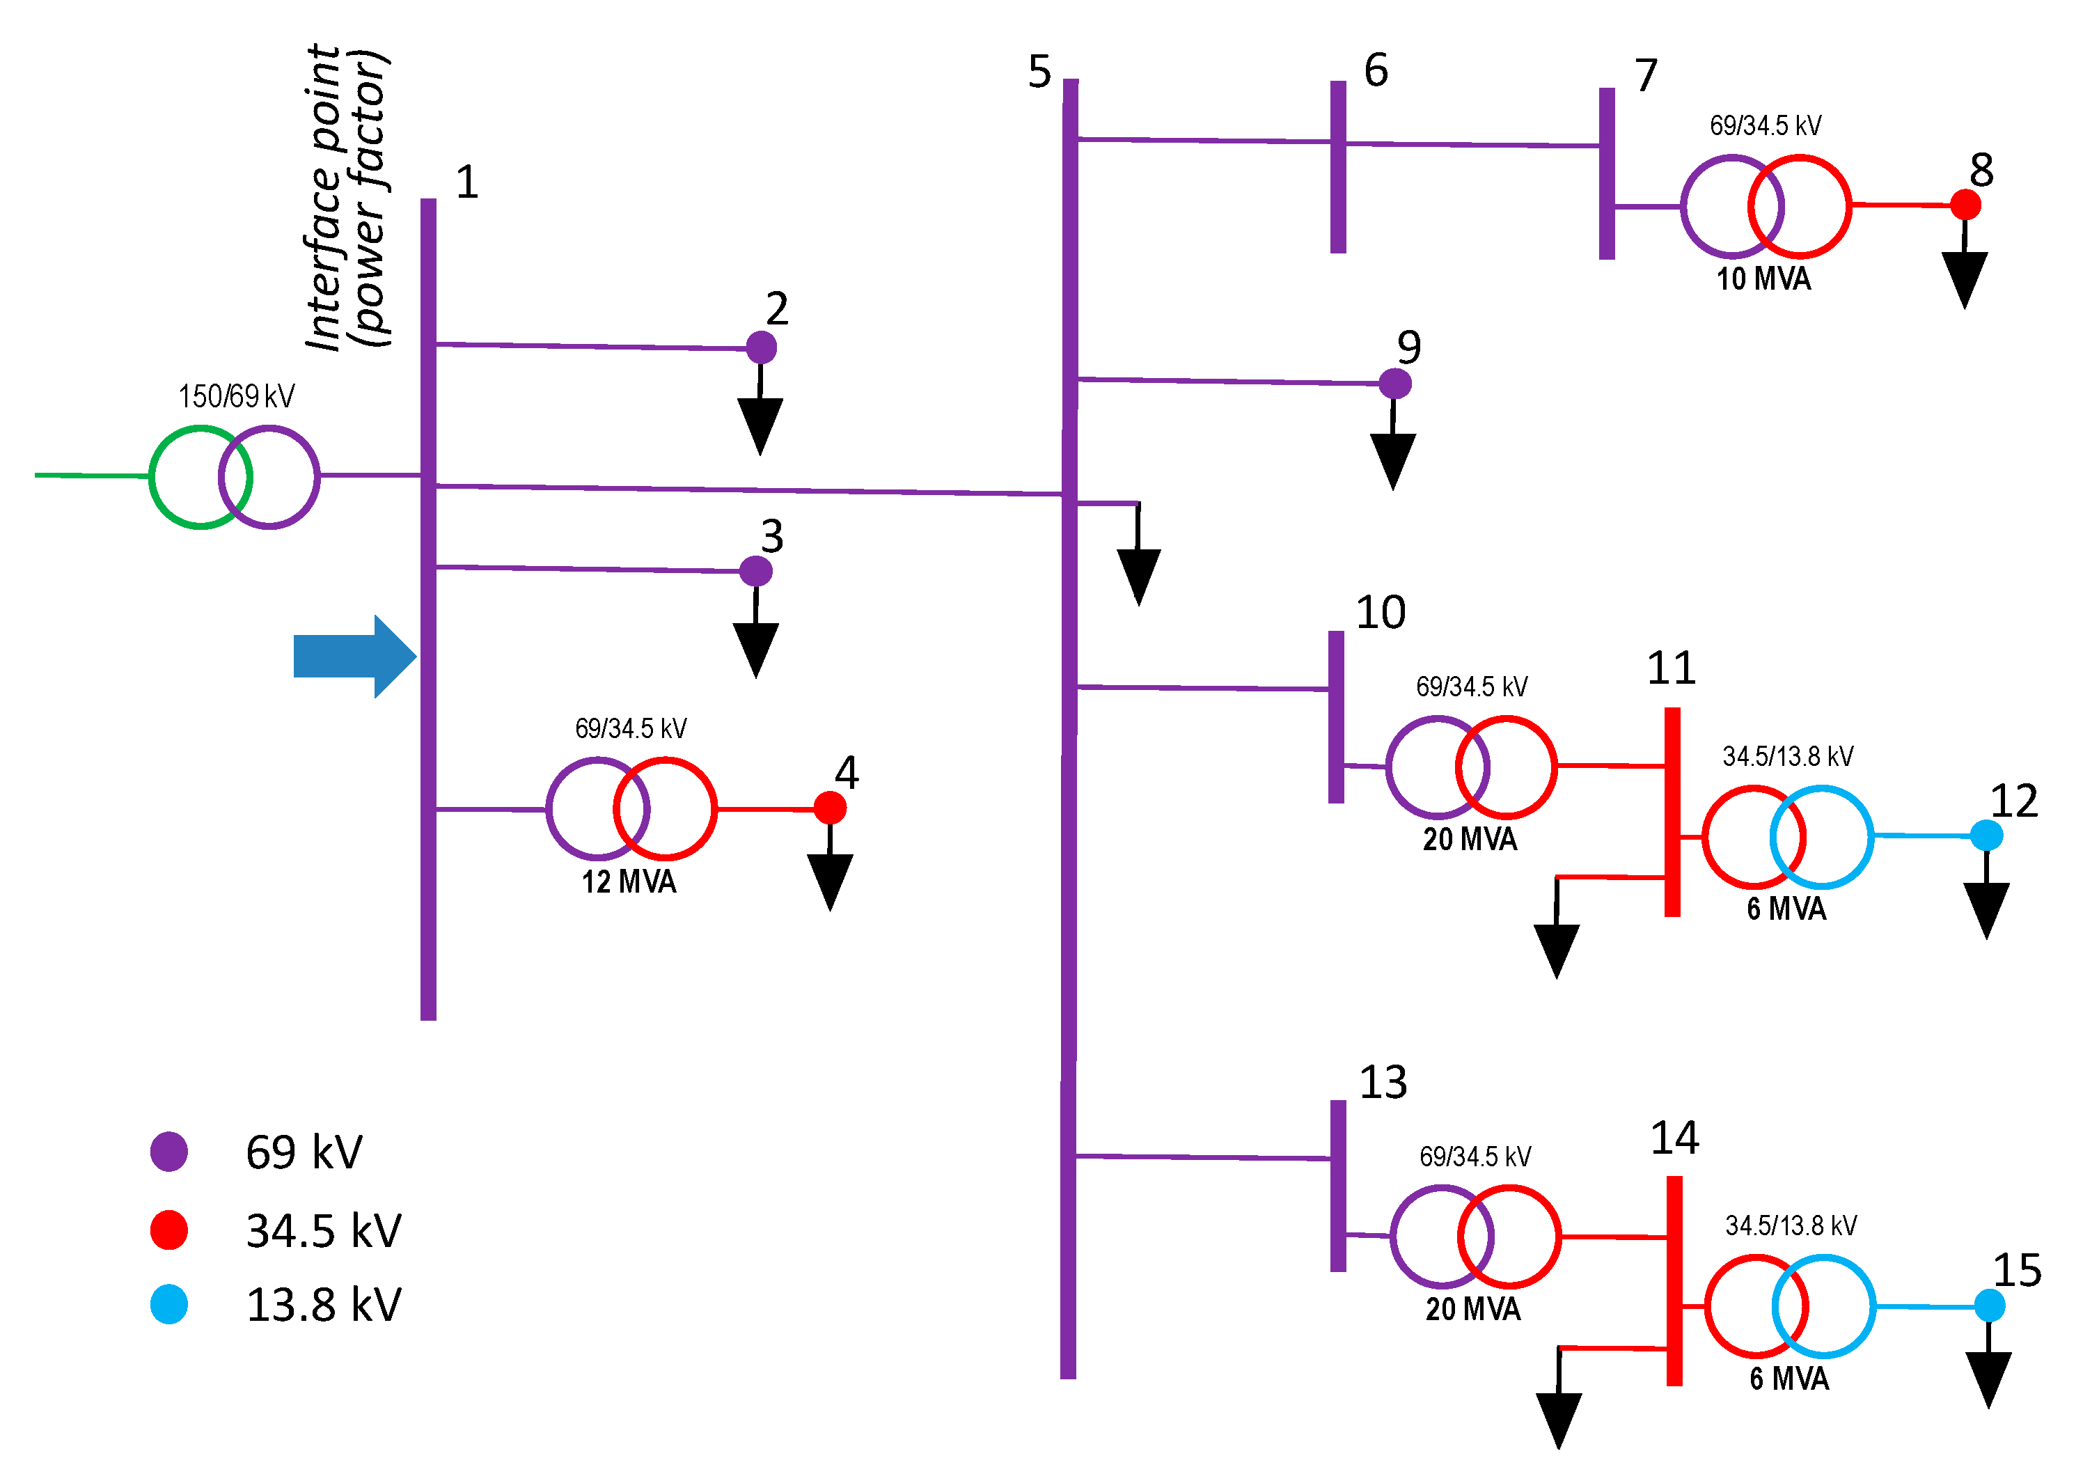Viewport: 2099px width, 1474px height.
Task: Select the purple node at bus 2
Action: click(x=761, y=347)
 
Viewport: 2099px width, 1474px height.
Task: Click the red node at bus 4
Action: click(x=829, y=808)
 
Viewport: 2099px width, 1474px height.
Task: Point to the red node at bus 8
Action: click(x=1965, y=204)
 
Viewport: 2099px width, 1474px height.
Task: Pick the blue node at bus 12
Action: click(x=1986, y=835)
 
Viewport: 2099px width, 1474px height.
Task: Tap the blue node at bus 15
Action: click(x=1988, y=1305)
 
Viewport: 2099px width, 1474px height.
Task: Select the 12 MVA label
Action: click(x=629, y=881)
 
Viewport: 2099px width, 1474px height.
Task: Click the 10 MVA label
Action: click(x=1763, y=279)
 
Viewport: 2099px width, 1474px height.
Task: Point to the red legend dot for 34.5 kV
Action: click(x=169, y=1229)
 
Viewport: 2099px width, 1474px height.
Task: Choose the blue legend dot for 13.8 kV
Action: click(x=169, y=1304)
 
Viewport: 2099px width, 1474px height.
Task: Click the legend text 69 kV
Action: click(x=304, y=1152)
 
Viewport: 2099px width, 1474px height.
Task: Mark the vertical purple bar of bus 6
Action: click(x=1337, y=166)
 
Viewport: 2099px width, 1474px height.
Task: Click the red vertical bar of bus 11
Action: click(x=1672, y=811)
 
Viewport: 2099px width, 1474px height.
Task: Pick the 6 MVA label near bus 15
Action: click(x=1789, y=1378)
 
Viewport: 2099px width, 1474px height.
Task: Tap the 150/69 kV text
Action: click(x=236, y=396)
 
